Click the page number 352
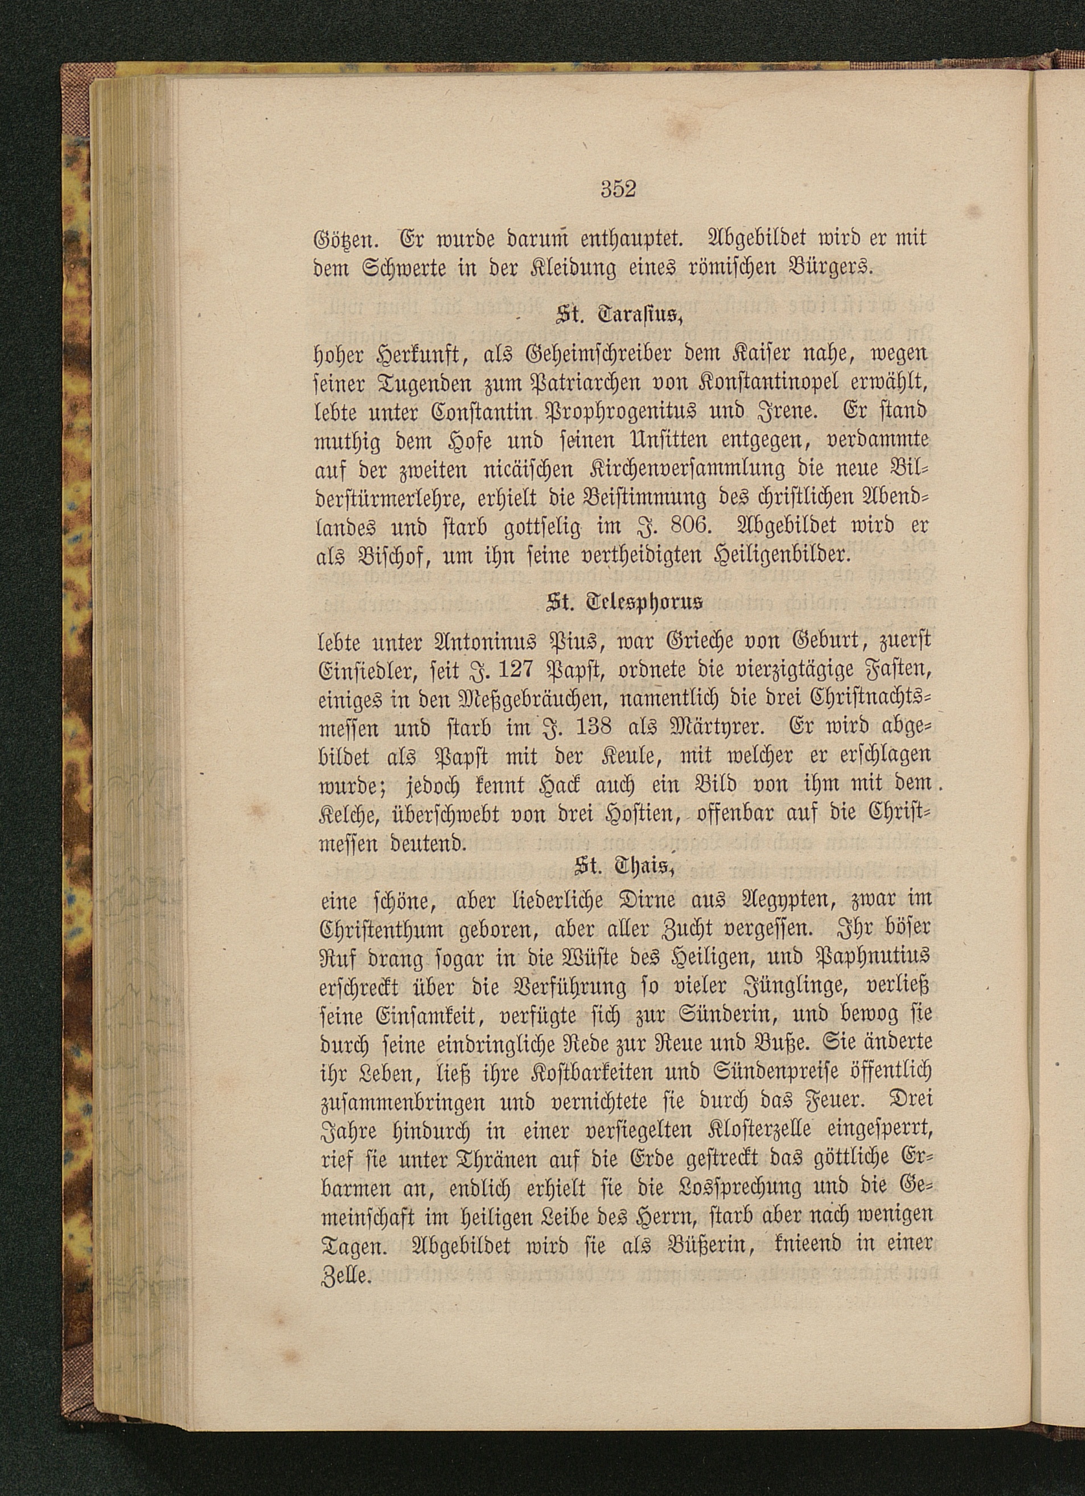(x=618, y=190)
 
